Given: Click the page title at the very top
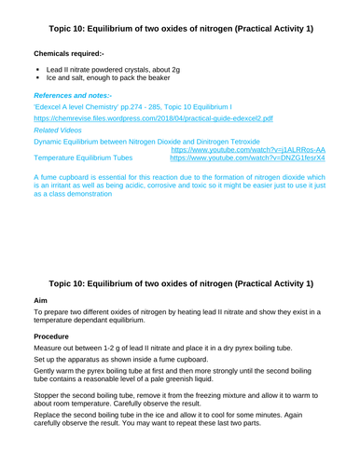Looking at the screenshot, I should [180, 20].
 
